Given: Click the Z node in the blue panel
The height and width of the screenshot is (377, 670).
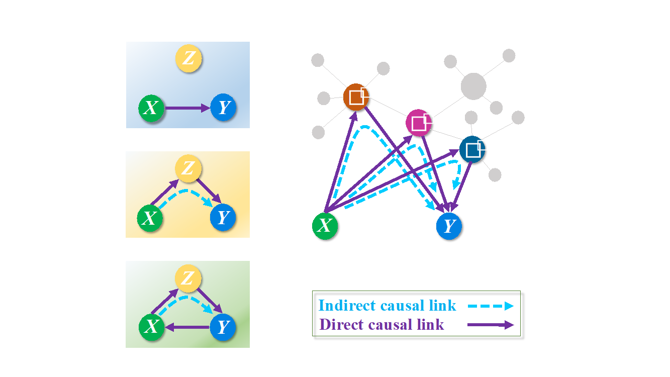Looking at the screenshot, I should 188,59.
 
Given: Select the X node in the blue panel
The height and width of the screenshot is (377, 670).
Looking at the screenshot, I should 151,108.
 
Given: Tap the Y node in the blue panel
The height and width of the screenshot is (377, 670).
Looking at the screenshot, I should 224,108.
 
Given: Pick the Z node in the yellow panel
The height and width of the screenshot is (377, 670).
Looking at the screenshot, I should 187,168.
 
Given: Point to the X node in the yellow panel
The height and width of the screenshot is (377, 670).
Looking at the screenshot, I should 150,218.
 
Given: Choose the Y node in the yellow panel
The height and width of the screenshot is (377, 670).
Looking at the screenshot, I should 223,218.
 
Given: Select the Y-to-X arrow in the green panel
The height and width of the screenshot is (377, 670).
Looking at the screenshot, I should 187,327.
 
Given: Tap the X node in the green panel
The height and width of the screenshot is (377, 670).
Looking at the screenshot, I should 151,327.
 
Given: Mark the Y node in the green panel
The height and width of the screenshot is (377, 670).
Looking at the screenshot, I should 223,327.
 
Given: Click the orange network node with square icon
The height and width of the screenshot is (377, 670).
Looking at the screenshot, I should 356,97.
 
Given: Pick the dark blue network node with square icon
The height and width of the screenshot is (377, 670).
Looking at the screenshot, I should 472,149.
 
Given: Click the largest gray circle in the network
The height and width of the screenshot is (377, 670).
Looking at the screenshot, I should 473,86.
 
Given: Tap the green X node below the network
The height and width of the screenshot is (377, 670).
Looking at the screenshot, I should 325,226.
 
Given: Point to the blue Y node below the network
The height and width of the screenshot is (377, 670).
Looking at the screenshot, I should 449,226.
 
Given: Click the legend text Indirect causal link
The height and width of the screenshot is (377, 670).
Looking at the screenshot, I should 387,305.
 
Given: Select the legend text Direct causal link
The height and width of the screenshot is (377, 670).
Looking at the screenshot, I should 381,325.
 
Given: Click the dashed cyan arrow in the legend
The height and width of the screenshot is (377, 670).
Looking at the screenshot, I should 491,305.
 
